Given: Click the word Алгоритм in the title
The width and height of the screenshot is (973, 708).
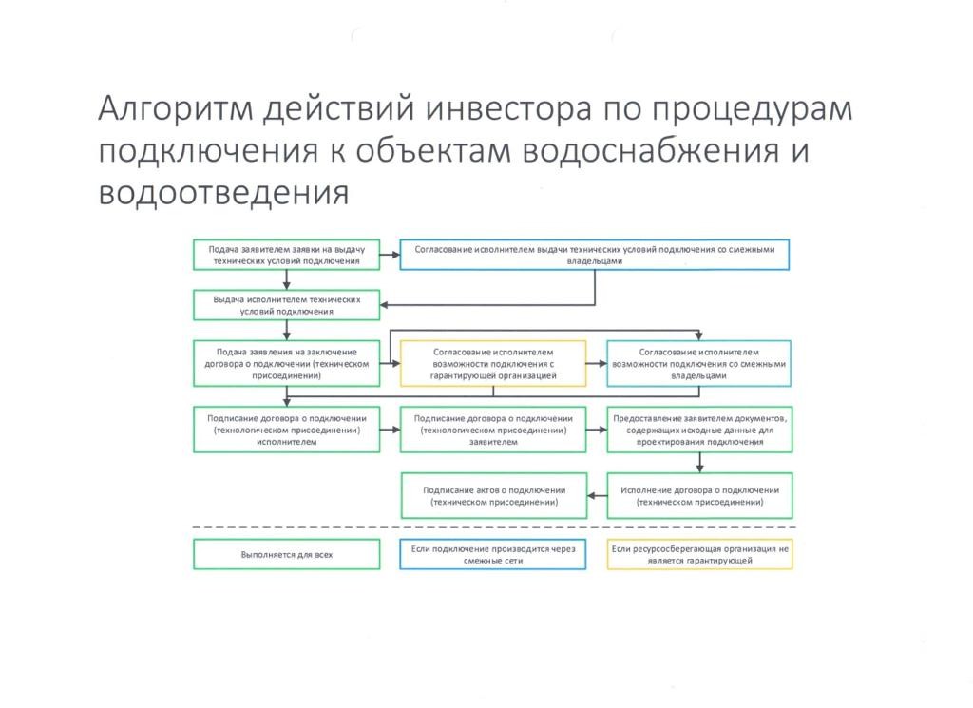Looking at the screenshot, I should pyautogui.click(x=175, y=110).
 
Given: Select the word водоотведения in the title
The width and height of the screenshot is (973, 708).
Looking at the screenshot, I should pyautogui.click(x=224, y=193).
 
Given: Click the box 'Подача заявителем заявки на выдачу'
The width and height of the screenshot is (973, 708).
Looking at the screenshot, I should pyautogui.click(x=286, y=255).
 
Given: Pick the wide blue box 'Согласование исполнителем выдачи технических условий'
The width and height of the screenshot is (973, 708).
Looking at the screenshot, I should pyautogui.click(x=595, y=255).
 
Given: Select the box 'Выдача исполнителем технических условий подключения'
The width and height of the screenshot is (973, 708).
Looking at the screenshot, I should pyautogui.click(x=286, y=305).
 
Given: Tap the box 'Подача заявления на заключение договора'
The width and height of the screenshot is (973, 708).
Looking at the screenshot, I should pyautogui.click(x=286, y=363).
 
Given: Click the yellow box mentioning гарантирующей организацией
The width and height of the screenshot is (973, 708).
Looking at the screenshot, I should pyautogui.click(x=492, y=363).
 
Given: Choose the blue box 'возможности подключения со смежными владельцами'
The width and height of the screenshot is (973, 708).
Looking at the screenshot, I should pyautogui.click(x=698, y=363).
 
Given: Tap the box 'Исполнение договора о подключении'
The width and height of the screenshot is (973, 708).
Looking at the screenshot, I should pyautogui.click(x=698, y=495).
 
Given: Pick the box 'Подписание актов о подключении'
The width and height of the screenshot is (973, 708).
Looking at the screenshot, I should pyautogui.click(x=492, y=495).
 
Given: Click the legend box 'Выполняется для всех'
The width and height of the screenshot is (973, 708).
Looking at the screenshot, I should pyautogui.click(x=286, y=554).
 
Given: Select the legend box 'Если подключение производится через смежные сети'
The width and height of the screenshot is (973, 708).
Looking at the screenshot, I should pyautogui.click(x=492, y=554).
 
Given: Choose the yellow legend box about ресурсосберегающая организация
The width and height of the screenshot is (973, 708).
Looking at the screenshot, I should pyautogui.click(x=698, y=554).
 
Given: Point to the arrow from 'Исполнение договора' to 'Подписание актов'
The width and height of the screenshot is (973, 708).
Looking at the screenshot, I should pyautogui.click(x=596, y=495).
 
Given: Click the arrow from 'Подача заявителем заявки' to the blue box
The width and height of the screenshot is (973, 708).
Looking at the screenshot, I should pyautogui.click(x=389, y=255).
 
